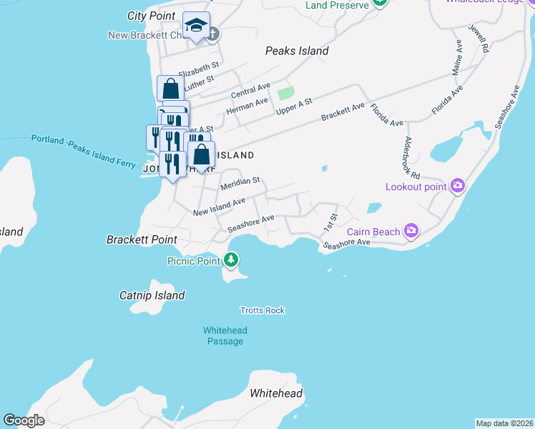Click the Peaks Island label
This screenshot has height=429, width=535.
tap(296, 51)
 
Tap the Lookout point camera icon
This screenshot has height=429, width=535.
tap(458, 187)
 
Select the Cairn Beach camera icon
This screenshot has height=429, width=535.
tap(411, 230)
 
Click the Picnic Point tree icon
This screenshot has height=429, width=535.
tap(231, 259)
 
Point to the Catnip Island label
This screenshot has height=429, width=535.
tap(152, 295)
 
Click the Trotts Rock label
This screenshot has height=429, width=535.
tap(262, 310)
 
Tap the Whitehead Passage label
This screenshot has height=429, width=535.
tap(224, 336)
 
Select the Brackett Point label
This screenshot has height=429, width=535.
tap(142, 240)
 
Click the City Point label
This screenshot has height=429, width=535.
tap(151, 16)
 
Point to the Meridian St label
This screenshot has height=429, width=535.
tap(240, 184)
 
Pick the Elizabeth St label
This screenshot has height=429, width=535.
tap(198, 70)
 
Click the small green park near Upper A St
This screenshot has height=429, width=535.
tap(285, 93)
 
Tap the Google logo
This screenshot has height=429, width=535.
tap(24, 420)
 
